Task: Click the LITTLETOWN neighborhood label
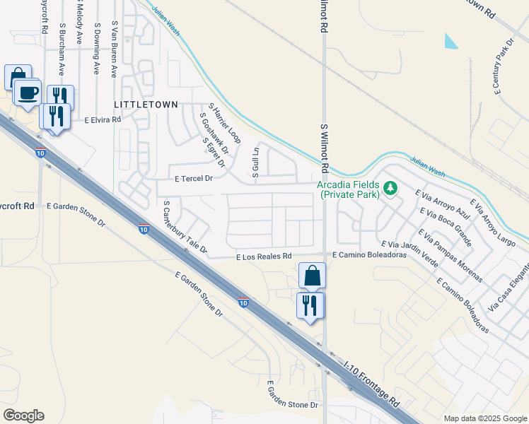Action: click(x=146, y=104)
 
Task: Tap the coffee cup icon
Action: click(x=28, y=93)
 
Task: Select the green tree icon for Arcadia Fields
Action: click(x=390, y=188)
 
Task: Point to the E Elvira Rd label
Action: click(x=103, y=120)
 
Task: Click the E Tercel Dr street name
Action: click(x=194, y=179)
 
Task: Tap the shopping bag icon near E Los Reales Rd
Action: click(x=312, y=276)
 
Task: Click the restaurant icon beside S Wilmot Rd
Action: click(x=310, y=305)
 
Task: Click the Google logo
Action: click(x=23, y=416)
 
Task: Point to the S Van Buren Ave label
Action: click(x=114, y=49)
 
